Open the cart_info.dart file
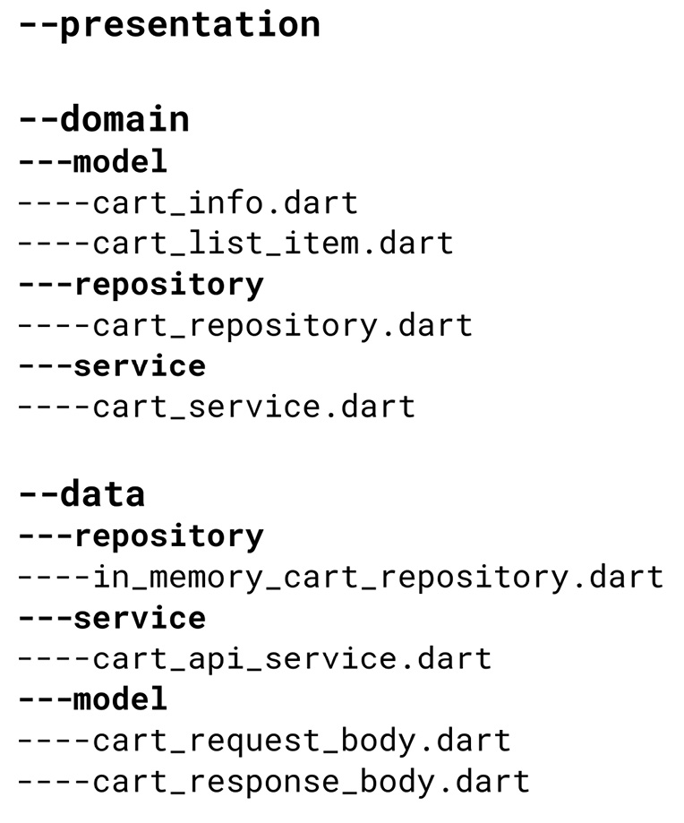225,202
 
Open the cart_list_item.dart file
272,243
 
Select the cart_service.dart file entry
253,407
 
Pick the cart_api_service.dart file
292,659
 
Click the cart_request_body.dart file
301,741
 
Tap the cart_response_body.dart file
311,781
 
